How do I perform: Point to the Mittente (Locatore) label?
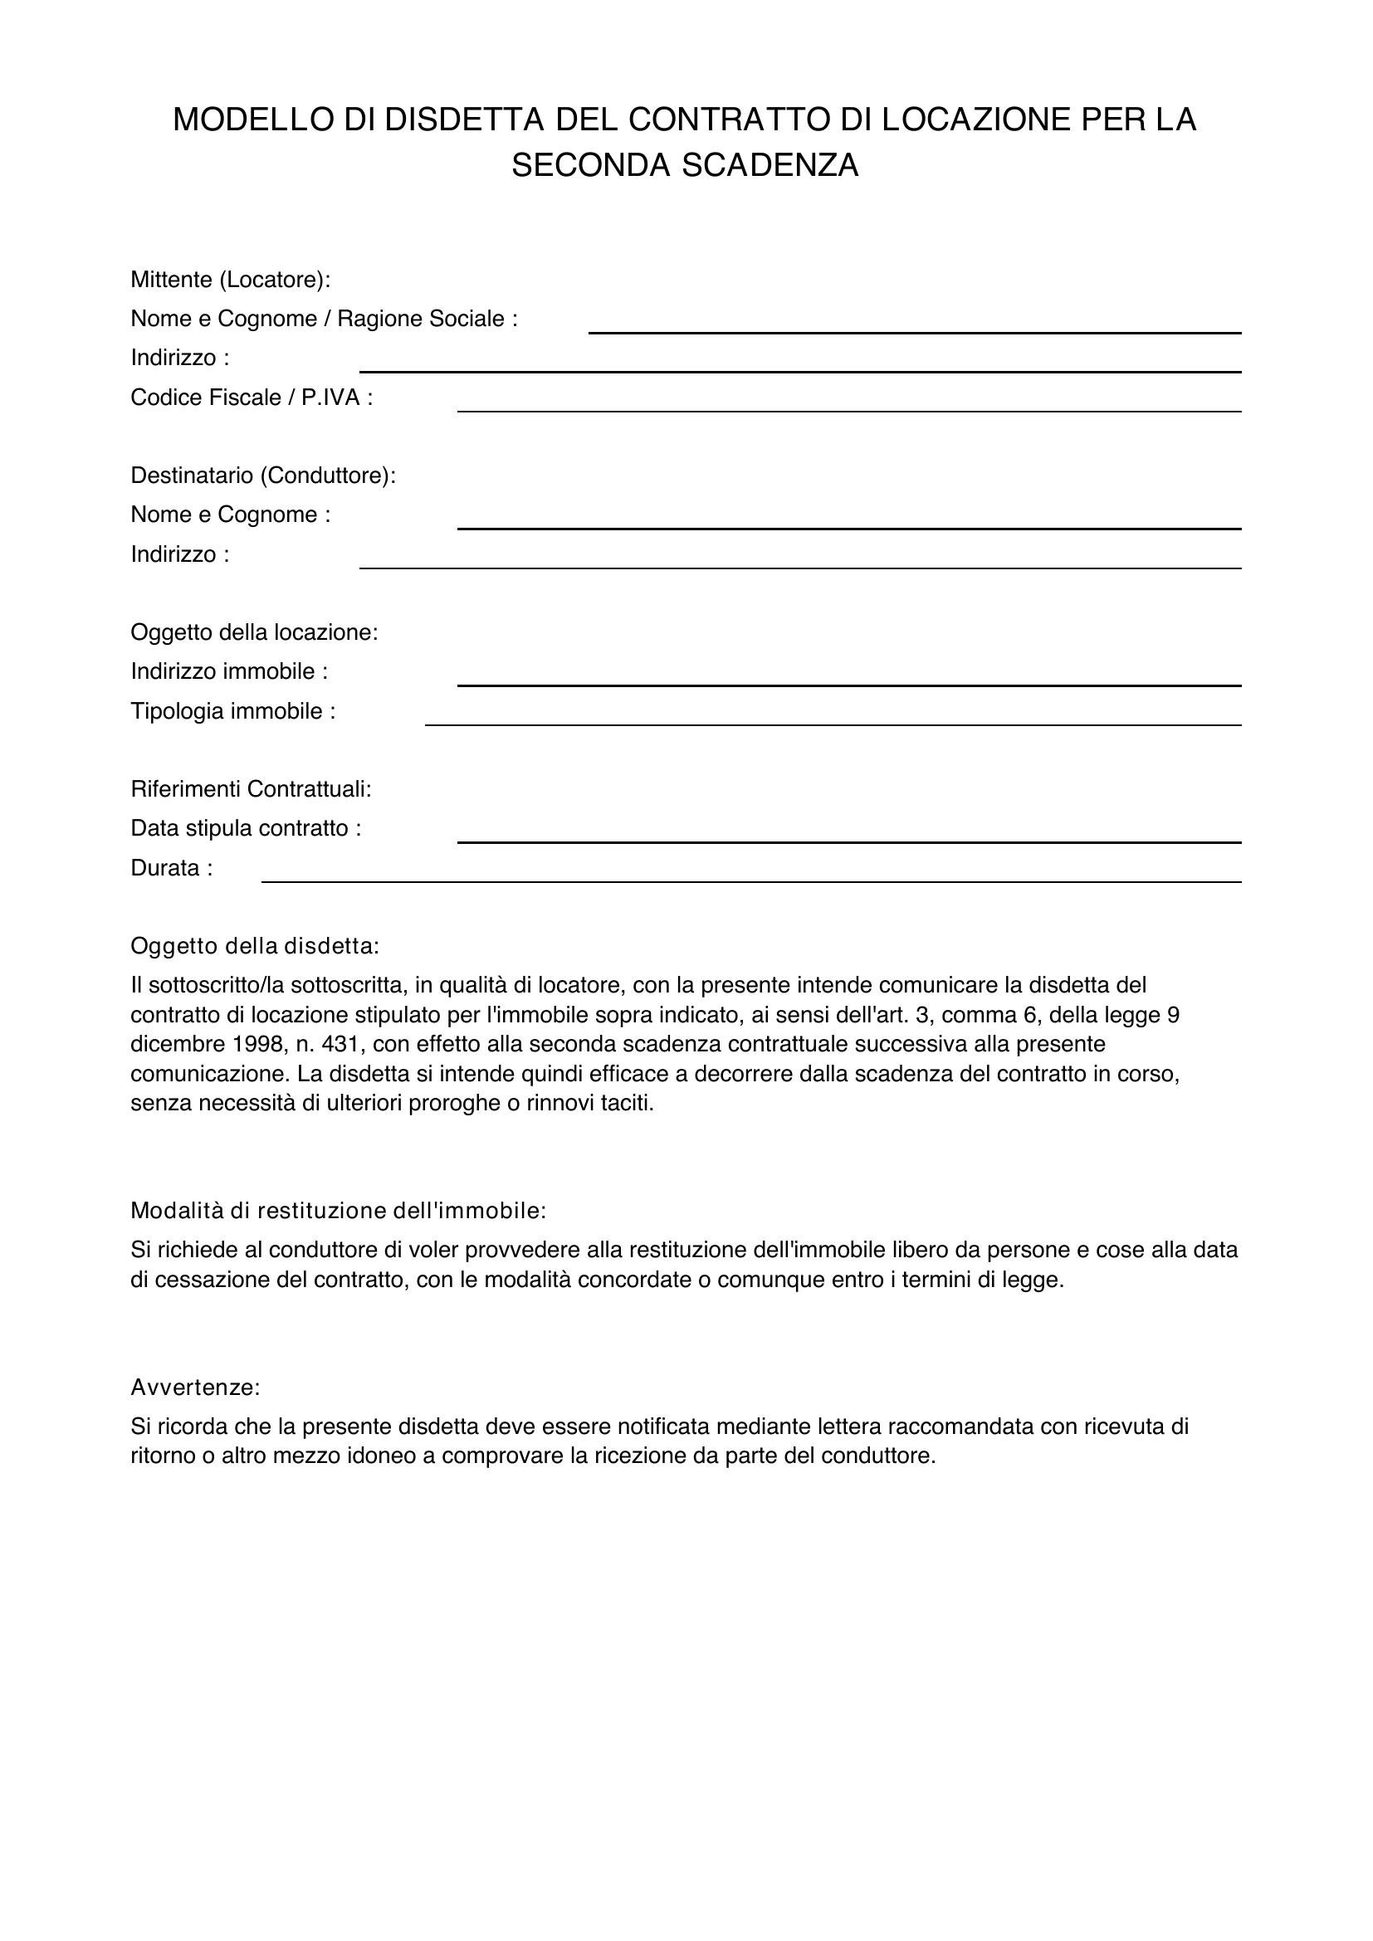click(230, 279)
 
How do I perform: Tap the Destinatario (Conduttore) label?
click(263, 475)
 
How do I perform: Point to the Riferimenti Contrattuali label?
click(251, 788)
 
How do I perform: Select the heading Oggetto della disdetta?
click(255, 946)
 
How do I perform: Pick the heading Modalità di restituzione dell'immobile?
click(338, 1211)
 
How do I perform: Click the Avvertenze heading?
click(195, 1387)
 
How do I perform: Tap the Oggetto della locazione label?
click(255, 632)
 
